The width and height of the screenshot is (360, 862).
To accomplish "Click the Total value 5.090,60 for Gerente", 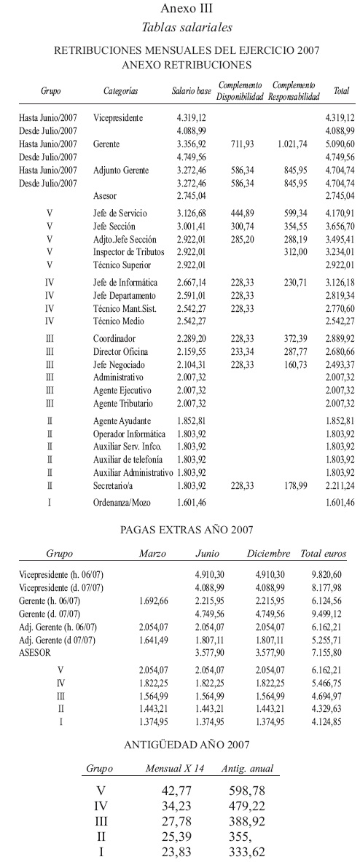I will pyautogui.click(x=340, y=144).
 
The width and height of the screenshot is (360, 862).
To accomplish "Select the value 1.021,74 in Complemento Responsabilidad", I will pyautogui.click(x=292, y=144).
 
